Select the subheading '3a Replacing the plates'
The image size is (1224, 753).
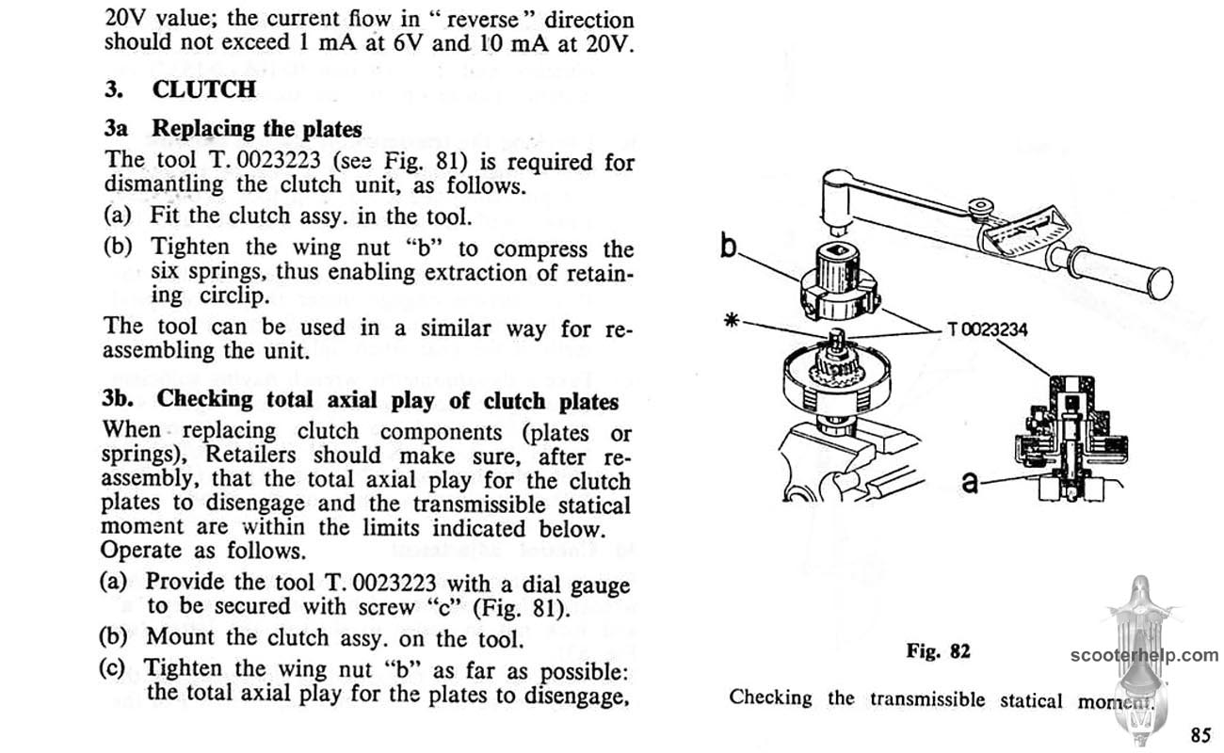pos(234,128)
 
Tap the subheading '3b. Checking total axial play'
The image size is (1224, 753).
pos(361,399)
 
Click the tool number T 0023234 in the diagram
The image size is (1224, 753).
pos(988,330)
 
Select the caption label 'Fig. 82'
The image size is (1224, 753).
pos(938,650)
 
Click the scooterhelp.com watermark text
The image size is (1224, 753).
pos(1143,655)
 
